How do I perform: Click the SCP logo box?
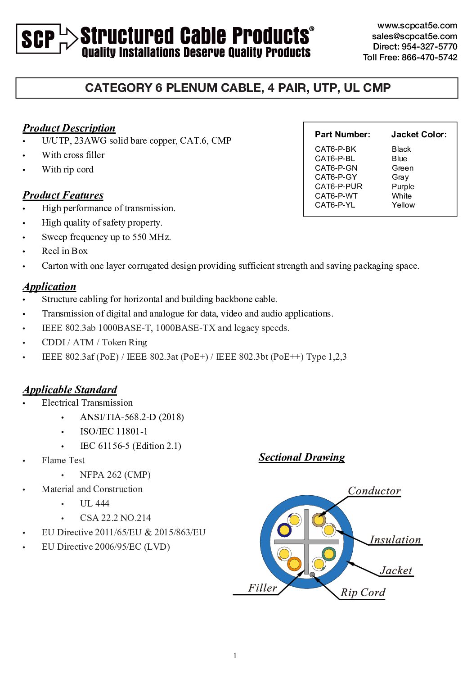[38, 39]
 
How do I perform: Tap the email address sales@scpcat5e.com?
[414, 36]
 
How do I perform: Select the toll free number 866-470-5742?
[429, 57]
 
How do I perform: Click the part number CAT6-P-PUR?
[338, 186]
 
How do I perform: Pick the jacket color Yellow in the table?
[403, 205]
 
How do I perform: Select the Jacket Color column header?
[419, 134]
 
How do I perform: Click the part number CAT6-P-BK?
[335, 149]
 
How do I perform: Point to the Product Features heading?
[63, 195]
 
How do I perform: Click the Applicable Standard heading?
[70, 389]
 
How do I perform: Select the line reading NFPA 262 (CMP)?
[115, 475]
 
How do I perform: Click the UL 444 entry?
[94, 503]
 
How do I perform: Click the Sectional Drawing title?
[301, 457]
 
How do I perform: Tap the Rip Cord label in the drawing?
[363, 592]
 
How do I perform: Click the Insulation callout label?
[395, 539]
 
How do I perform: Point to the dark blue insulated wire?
[284, 530]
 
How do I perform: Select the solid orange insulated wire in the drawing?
[294, 563]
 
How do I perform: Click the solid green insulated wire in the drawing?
[329, 553]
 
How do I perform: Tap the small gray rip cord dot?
[312, 574]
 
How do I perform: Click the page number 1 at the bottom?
[235, 656]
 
